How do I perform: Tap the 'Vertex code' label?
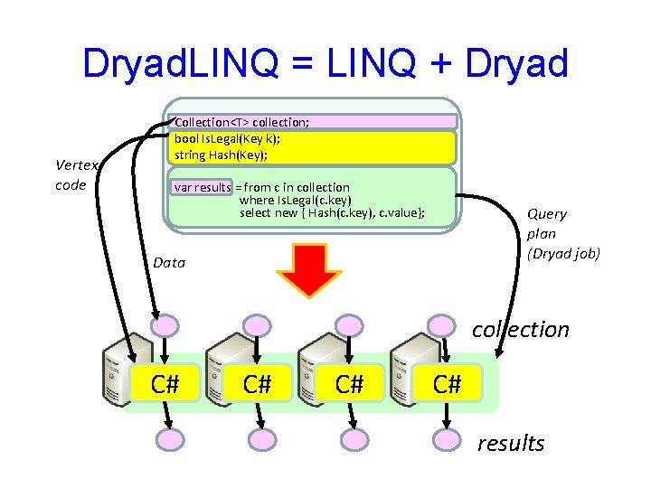point(71,174)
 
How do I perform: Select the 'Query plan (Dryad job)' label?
point(562,233)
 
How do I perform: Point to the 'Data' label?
point(169,263)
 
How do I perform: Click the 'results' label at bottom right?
point(511,443)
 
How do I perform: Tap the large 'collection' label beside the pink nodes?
point(521,329)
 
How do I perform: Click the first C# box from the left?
point(164,384)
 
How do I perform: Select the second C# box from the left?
point(258,384)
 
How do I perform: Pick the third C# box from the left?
point(349,384)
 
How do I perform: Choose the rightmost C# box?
point(447,384)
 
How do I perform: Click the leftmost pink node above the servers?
point(165,325)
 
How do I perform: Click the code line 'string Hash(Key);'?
point(221,155)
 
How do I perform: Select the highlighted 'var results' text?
point(202,187)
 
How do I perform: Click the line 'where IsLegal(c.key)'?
point(295,200)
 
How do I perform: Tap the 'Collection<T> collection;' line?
point(241,122)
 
